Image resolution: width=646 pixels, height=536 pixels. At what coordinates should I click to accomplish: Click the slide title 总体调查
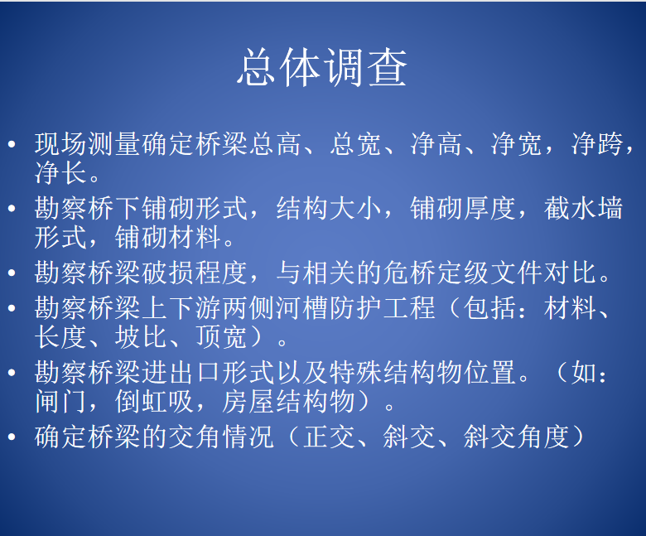(323, 68)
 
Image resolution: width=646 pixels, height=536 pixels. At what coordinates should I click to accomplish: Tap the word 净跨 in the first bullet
(596, 144)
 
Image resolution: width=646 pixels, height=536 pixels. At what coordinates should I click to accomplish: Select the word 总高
(275, 144)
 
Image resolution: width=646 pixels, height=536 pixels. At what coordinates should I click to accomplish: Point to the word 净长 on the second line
(60, 172)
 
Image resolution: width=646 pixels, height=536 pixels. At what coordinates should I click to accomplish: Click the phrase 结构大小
(329, 209)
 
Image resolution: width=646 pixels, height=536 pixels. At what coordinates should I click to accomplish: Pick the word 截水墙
(583, 209)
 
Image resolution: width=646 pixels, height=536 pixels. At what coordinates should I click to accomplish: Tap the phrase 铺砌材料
(168, 237)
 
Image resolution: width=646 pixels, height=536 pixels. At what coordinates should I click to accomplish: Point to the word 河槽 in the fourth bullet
(301, 308)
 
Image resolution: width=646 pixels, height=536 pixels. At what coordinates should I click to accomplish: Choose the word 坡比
(141, 337)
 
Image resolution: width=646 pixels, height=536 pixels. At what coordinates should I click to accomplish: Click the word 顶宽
(221, 337)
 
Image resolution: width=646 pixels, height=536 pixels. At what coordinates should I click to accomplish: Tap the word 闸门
(60, 401)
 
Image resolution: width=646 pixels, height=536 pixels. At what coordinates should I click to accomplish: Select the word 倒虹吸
(154, 401)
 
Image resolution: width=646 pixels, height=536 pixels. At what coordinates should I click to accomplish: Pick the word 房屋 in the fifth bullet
(248, 401)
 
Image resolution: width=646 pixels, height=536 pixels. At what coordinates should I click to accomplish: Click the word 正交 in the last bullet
(329, 437)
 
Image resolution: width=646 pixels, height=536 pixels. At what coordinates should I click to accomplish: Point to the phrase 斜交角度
(516, 437)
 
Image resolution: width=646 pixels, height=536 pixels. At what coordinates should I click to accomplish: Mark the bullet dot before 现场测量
(12, 144)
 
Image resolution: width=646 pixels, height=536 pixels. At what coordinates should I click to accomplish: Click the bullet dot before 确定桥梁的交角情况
(12, 437)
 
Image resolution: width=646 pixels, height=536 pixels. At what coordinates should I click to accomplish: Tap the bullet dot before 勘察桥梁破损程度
(12, 273)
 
